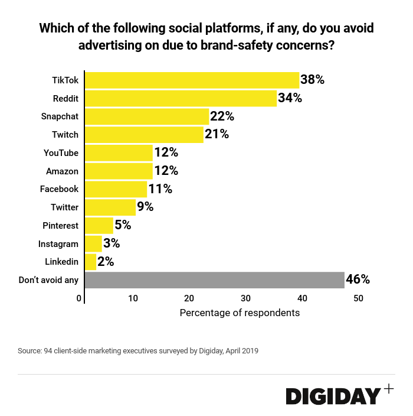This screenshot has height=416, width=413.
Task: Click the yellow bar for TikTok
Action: (x=192, y=80)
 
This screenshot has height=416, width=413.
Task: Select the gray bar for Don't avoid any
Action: (x=214, y=280)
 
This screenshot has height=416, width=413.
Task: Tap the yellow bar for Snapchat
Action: (x=147, y=116)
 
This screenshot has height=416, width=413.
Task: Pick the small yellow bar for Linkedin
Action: (x=90, y=262)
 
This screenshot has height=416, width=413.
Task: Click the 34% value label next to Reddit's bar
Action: (x=290, y=98)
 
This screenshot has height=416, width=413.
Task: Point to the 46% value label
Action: (x=358, y=279)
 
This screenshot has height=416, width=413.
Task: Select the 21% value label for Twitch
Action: (x=217, y=135)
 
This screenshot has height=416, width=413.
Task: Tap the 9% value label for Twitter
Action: (x=145, y=207)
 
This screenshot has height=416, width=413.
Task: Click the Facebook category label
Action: (x=59, y=189)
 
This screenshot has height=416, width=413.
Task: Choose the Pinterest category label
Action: (x=60, y=226)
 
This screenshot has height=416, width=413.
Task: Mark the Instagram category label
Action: (x=58, y=243)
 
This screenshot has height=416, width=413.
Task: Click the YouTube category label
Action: (x=61, y=153)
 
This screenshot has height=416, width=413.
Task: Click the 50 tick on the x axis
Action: (x=359, y=298)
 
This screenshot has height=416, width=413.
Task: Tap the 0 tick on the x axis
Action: (x=80, y=298)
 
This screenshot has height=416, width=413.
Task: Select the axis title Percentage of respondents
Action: (x=240, y=313)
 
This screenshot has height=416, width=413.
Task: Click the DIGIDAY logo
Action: (x=333, y=396)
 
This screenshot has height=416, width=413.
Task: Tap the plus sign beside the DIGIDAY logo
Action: (x=388, y=388)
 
